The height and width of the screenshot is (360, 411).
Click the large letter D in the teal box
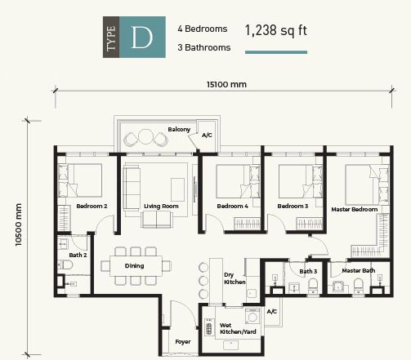[x=142, y=38]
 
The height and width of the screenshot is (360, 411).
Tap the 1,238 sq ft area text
[x=276, y=30]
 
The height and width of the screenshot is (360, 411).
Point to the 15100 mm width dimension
[x=226, y=84]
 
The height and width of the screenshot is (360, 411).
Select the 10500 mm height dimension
[x=19, y=224]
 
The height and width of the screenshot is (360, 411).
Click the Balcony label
[x=179, y=130]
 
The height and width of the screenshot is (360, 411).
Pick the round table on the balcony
[x=146, y=137]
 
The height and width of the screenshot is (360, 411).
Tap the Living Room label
[x=161, y=207]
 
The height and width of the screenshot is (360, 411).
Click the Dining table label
[x=134, y=266]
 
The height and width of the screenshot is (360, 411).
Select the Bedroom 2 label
[x=92, y=206]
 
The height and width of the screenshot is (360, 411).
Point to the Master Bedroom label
[x=355, y=209]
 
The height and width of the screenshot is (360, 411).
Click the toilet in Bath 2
[x=65, y=264]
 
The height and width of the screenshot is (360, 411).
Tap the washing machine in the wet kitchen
[x=252, y=316]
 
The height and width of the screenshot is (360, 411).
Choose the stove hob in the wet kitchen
[x=209, y=327]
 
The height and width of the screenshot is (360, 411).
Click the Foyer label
[x=183, y=342]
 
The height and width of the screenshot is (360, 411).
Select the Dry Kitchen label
[x=235, y=278]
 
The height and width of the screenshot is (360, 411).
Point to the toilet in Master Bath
[x=358, y=287]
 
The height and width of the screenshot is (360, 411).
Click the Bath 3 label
[x=308, y=271]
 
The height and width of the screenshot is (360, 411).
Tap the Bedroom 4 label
[x=232, y=206]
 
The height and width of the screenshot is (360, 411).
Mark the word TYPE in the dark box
[x=111, y=38]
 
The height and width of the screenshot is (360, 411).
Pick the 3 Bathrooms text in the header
[x=204, y=47]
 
